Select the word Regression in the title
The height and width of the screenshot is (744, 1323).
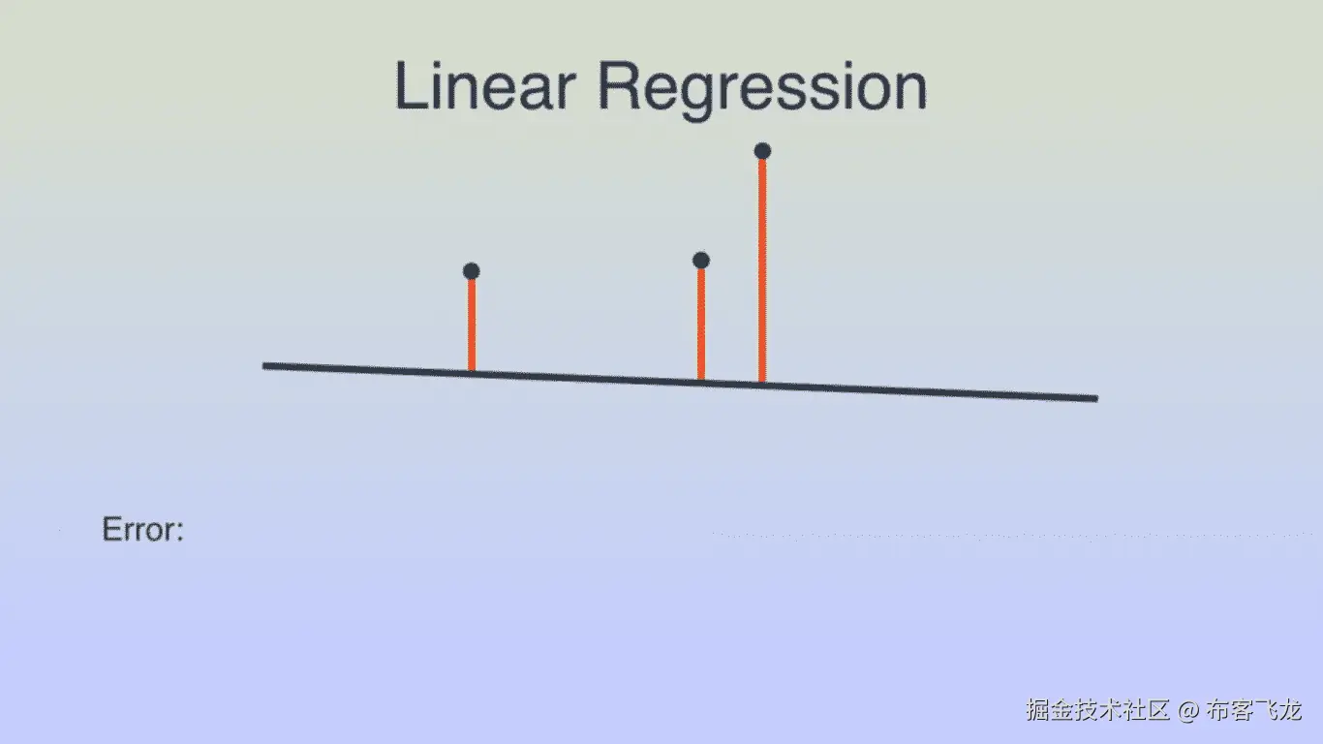point(762,88)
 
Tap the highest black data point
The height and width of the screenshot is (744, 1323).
point(762,151)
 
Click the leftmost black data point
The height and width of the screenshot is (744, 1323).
point(472,271)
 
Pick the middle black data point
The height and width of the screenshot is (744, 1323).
point(701,261)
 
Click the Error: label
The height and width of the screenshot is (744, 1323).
point(142,530)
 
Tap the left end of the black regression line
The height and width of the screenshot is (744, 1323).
point(265,365)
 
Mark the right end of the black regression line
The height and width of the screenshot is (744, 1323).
point(1095,398)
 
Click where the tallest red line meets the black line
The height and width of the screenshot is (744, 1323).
point(762,384)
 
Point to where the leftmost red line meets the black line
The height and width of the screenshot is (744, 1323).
point(472,372)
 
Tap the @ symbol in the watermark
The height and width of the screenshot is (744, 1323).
point(1188,711)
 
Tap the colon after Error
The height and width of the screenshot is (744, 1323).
point(179,532)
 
